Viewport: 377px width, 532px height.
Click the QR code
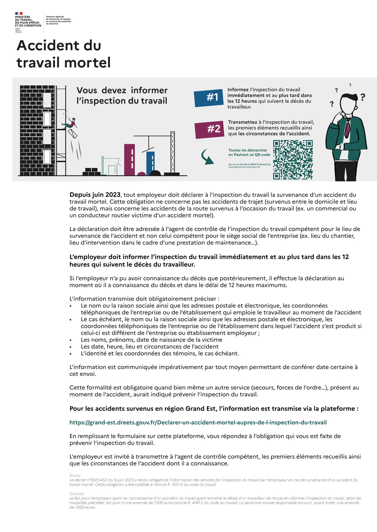293,160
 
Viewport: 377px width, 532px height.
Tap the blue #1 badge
209,98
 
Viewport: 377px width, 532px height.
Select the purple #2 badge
209,130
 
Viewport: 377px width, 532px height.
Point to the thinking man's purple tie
347,128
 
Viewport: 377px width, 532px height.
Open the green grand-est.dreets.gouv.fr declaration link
198,422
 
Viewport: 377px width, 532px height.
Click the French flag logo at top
19,14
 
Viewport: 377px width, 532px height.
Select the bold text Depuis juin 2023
95,195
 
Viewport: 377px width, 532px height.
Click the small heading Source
75,475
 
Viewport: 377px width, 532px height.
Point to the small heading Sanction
77,493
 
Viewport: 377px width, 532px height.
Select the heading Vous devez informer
122,90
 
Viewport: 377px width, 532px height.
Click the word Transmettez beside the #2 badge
242,122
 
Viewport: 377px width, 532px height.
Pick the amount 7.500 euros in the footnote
83,507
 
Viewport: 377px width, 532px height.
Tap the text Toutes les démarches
248,150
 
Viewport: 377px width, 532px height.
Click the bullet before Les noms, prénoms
71,340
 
